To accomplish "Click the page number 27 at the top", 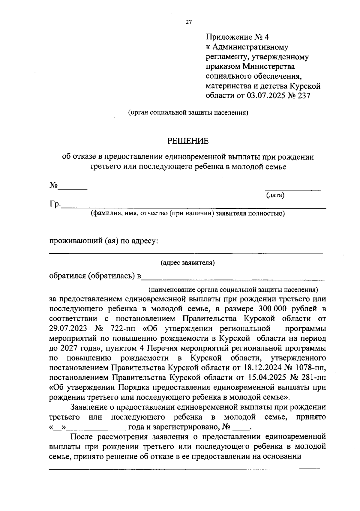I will tap(188, 22).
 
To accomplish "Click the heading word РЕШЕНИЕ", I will tap(188, 141).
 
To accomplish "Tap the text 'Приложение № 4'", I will tap(238, 37).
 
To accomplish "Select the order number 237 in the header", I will tap(302, 96).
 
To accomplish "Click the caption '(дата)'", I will tap(275, 196).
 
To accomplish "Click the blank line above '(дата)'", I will tap(292, 190).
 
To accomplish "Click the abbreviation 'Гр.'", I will tap(55, 205).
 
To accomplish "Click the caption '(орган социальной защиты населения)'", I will tap(188, 113).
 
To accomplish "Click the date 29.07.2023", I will tap(68, 328).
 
